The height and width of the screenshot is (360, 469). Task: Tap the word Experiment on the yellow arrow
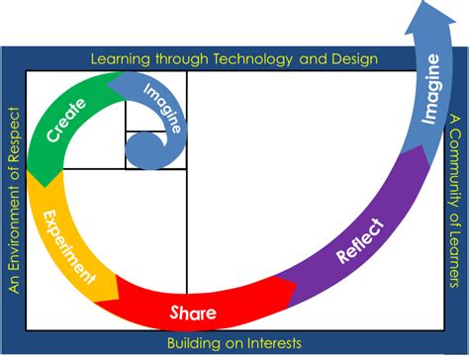tap(68, 243)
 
